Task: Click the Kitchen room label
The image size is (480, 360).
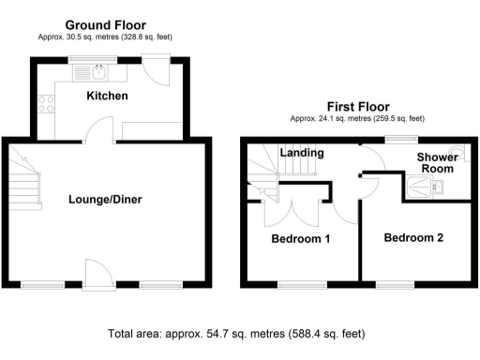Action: pyautogui.click(x=108, y=97)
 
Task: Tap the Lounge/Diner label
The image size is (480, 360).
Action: pyautogui.click(x=104, y=199)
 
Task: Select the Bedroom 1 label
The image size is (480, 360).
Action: pyautogui.click(x=300, y=238)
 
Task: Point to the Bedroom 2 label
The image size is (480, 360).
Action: pyautogui.click(x=413, y=237)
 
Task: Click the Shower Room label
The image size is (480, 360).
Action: pyautogui.click(x=436, y=163)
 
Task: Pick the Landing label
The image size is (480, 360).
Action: pyautogui.click(x=303, y=153)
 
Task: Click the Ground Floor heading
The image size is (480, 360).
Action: pyautogui.click(x=104, y=24)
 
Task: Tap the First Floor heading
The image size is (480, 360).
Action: pyautogui.click(x=357, y=107)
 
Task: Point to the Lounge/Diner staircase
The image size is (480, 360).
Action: pyautogui.click(x=29, y=184)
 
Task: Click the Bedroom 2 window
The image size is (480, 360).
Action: pyautogui.click(x=394, y=283)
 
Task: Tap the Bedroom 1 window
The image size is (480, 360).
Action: pyautogui.click(x=296, y=283)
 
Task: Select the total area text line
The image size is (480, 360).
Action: pyautogui.click(x=236, y=332)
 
